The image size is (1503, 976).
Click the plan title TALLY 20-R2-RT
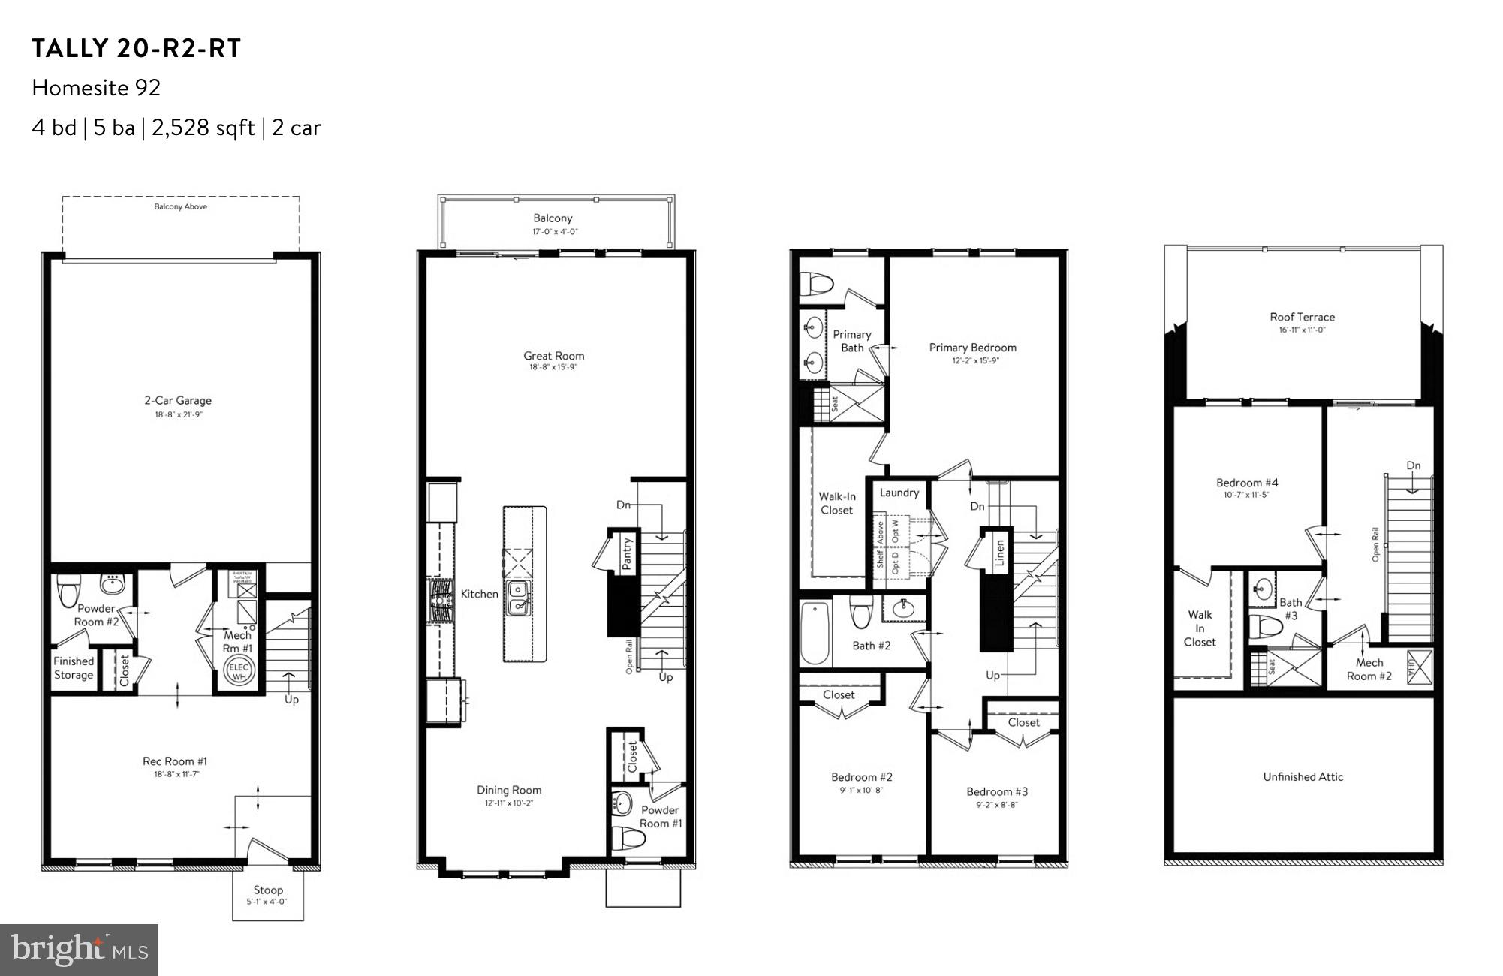click(x=136, y=49)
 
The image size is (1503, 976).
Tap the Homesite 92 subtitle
click(x=96, y=88)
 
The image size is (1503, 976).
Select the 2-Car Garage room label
click(x=178, y=401)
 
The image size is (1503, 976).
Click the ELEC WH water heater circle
click(x=239, y=672)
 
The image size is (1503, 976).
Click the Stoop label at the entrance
click(x=268, y=890)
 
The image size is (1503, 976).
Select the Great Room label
click(x=554, y=356)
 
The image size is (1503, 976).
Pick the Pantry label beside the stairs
click(x=628, y=554)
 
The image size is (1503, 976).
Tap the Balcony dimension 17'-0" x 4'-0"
click(x=554, y=232)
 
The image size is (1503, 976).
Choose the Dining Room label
click(x=509, y=790)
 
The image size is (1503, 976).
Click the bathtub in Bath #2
click(x=815, y=633)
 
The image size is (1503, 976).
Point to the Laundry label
click(x=899, y=493)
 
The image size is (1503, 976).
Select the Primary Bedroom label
click(x=973, y=348)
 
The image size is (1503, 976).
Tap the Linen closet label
click(x=1000, y=554)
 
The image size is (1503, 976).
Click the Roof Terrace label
click(x=1303, y=317)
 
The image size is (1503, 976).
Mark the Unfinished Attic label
click(x=1303, y=777)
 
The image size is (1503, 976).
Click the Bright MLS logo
click(x=80, y=950)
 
